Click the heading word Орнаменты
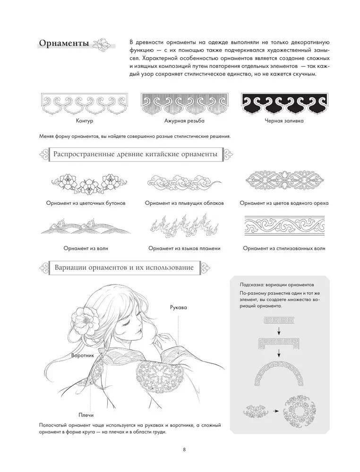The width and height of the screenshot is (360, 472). click(x=64, y=43)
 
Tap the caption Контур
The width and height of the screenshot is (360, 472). click(x=85, y=121)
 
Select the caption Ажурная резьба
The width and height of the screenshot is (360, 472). click(x=184, y=121)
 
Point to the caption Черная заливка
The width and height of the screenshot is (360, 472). click(x=284, y=121)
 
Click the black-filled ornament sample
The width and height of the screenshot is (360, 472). click(x=284, y=103)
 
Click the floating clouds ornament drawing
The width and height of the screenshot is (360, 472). click(x=184, y=182)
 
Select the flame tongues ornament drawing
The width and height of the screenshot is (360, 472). click(x=184, y=225)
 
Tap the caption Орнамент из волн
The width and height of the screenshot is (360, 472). click(x=86, y=248)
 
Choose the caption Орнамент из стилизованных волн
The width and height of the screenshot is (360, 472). click(x=284, y=248)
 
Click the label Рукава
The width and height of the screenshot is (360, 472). click(x=178, y=307)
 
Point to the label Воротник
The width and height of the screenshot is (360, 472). click(x=83, y=355)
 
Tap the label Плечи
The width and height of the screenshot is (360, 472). click(x=86, y=415)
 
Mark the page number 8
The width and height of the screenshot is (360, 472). click(x=184, y=449)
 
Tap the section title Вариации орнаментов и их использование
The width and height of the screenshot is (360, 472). click(x=124, y=267)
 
